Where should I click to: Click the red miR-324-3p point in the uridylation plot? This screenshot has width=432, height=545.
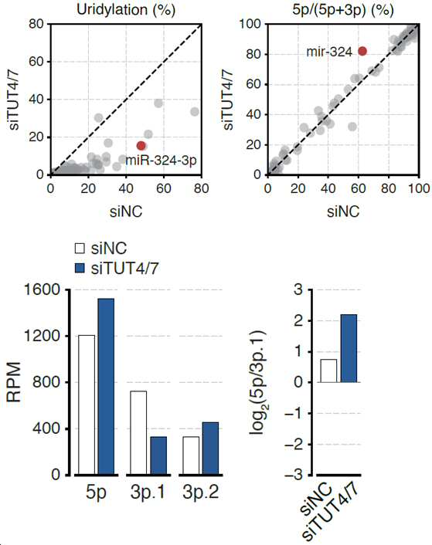pyautogui.click(x=141, y=146)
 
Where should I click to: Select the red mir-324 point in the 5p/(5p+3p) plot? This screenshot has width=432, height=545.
pyautogui.click(x=362, y=51)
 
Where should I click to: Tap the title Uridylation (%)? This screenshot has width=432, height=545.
pyautogui.click(x=126, y=10)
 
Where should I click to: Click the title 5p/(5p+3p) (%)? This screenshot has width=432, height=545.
pyautogui.click(x=343, y=10)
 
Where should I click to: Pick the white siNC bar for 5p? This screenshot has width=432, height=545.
pyautogui.click(x=87, y=405)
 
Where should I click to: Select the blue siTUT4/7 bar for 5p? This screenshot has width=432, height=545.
pyautogui.click(x=106, y=387)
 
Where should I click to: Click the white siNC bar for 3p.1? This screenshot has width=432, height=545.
pyautogui.click(x=138, y=433)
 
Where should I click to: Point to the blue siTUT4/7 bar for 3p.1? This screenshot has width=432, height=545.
pyautogui.click(x=158, y=455)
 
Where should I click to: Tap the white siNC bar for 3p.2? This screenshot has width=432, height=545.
pyautogui.click(x=191, y=455)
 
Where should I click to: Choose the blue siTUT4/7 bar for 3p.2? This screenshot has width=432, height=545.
pyautogui.click(x=210, y=449)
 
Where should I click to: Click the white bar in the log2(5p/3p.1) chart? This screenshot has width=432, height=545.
pyautogui.click(x=328, y=371)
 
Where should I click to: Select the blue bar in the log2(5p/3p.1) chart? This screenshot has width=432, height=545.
pyautogui.click(x=349, y=348)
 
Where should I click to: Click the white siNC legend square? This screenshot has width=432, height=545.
pyautogui.click(x=80, y=248)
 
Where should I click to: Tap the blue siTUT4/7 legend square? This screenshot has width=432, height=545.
pyautogui.click(x=80, y=268)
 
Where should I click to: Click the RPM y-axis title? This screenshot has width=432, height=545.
pyautogui.click(x=14, y=382)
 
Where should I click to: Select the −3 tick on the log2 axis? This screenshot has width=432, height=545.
pyautogui.click(x=293, y=475)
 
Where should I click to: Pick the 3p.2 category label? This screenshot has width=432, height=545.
pyautogui.click(x=201, y=493)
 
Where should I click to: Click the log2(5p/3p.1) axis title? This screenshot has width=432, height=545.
pyautogui.click(x=258, y=382)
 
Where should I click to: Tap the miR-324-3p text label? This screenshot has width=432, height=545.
pyautogui.click(x=161, y=161)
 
